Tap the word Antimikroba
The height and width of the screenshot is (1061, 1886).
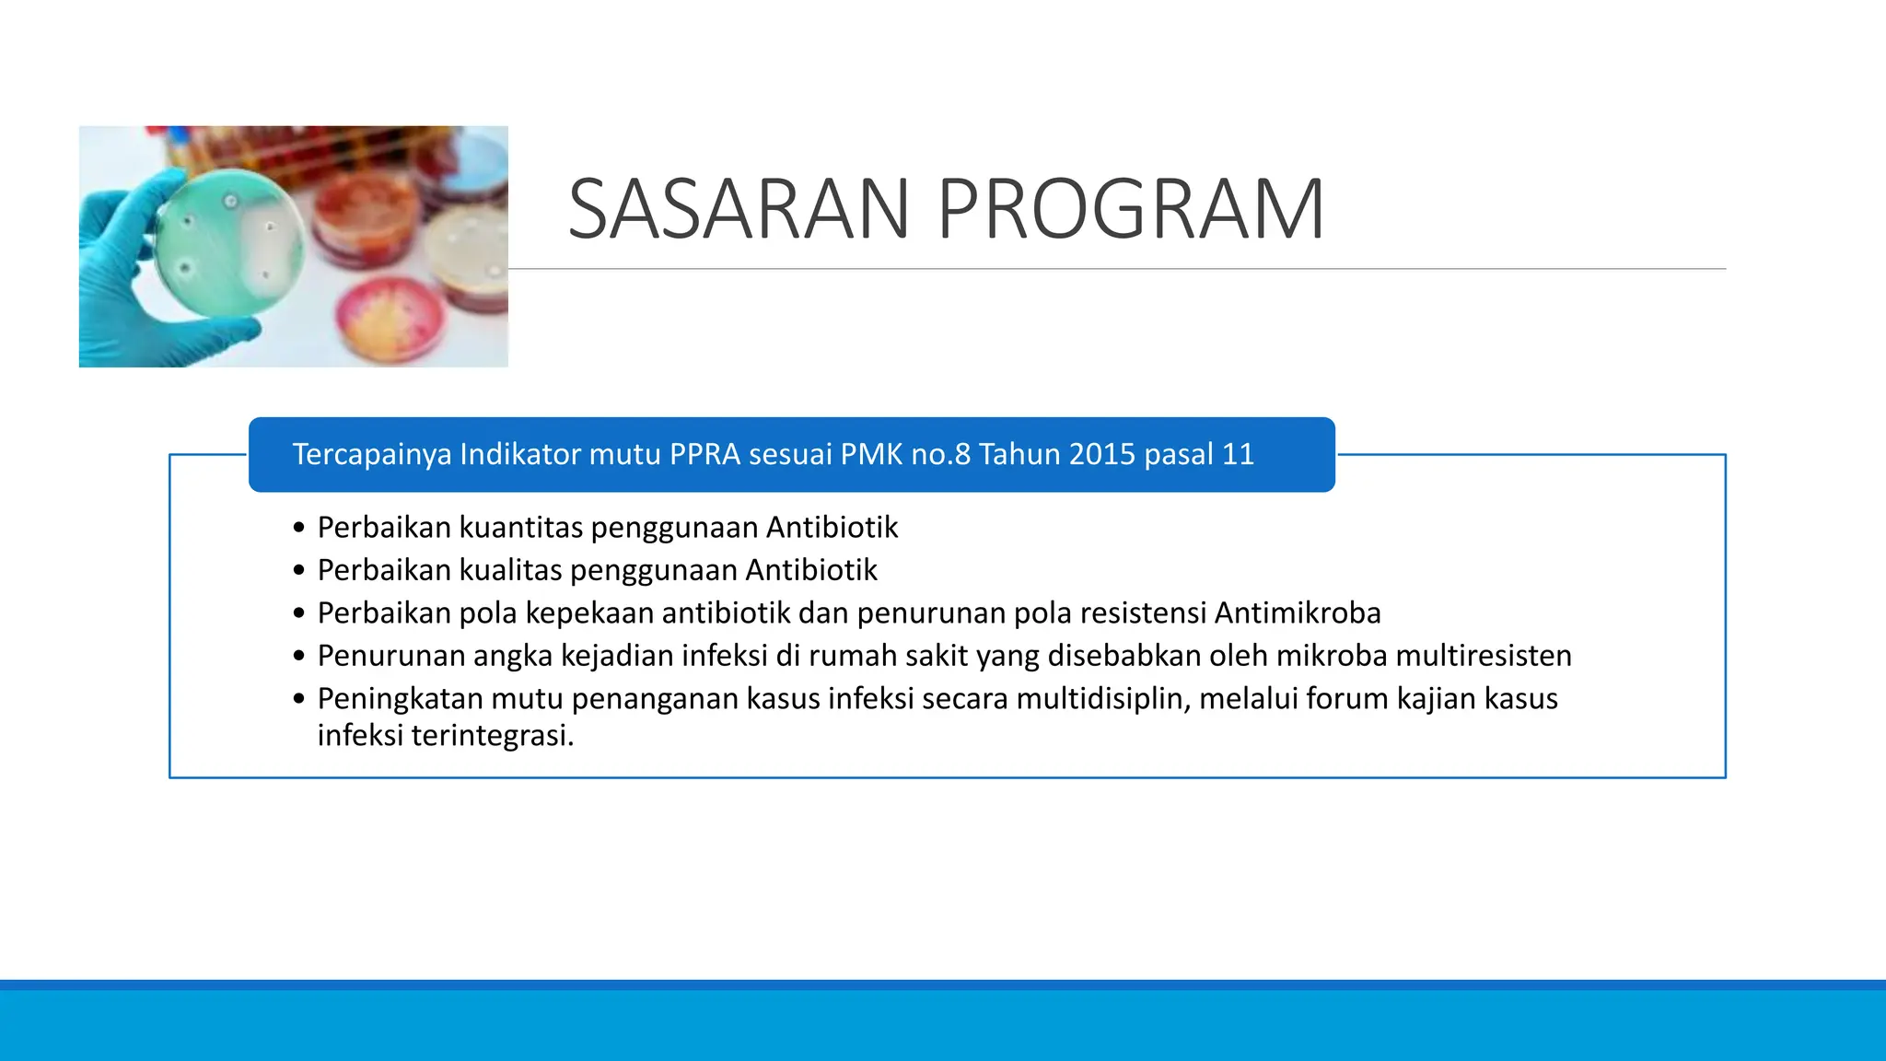pyautogui.click(x=1298, y=612)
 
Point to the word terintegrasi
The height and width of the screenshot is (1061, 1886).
pyautogui.click(x=492, y=736)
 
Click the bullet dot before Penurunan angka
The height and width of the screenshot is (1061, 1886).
pyautogui.click(x=298, y=657)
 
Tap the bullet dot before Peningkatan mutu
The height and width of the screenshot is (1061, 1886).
pyautogui.click(x=298, y=699)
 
